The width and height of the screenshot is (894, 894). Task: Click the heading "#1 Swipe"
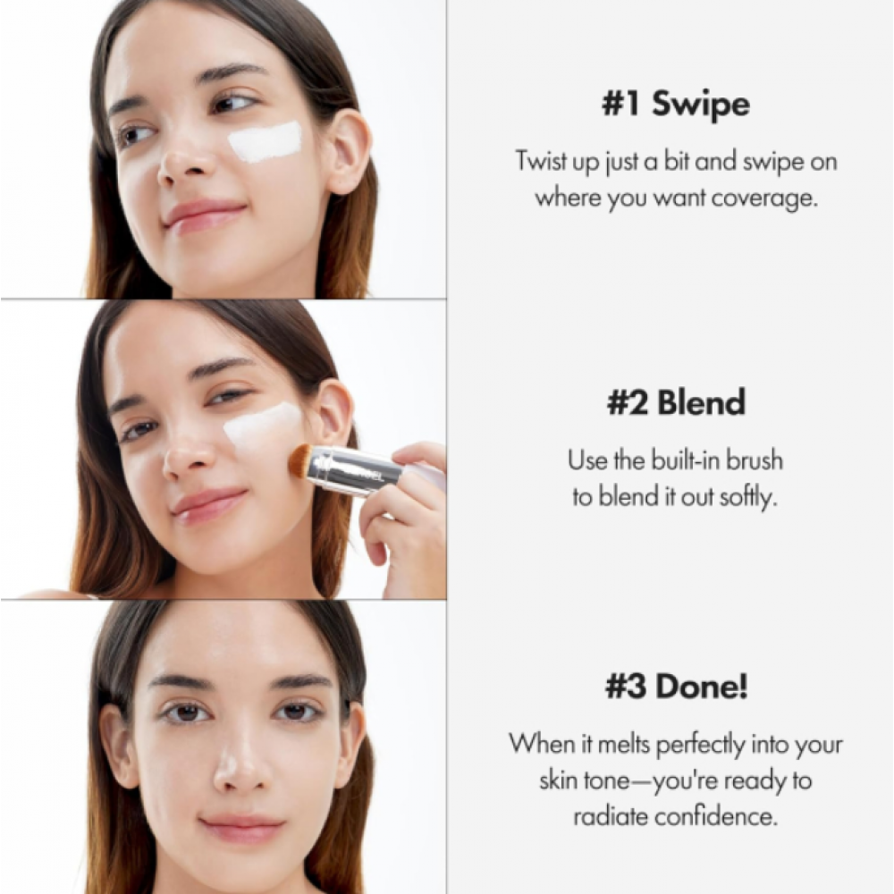pos(675,105)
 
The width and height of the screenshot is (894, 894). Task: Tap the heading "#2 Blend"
pos(675,403)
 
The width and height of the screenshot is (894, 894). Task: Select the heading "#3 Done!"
pos(675,687)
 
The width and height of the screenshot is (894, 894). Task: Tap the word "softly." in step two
pos(748,496)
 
